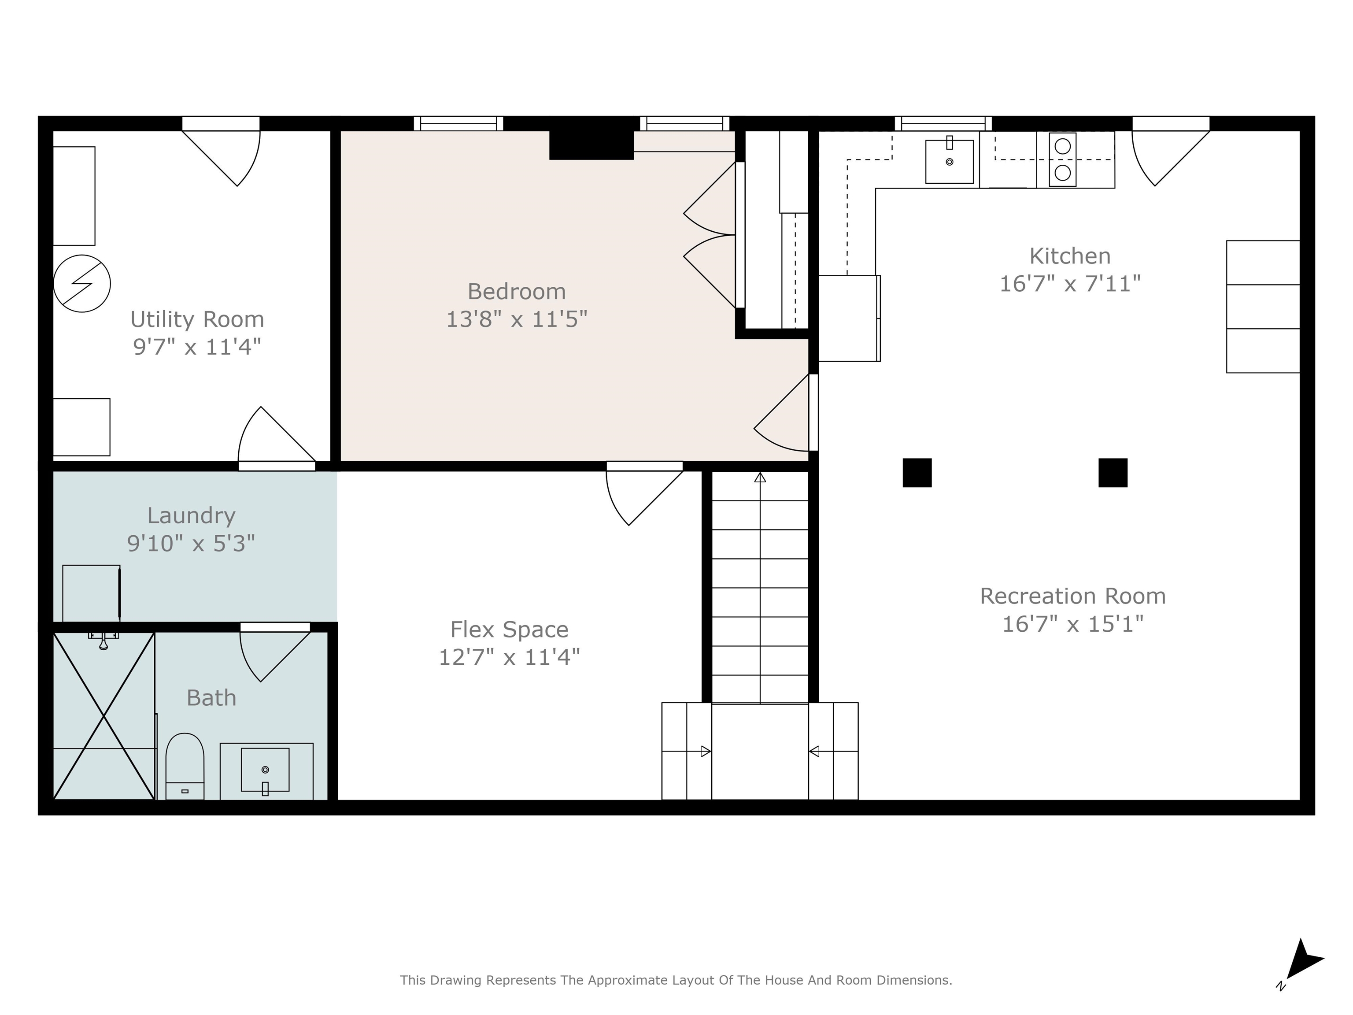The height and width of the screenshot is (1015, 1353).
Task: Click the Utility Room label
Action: point(197,319)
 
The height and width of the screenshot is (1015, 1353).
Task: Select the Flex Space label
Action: point(509,630)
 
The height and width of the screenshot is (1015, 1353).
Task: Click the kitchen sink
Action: point(949,162)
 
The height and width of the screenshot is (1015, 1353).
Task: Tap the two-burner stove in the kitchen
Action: point(1062,159)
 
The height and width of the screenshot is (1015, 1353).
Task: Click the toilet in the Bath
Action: point(185,766)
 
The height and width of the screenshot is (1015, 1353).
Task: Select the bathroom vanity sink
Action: point(265,770)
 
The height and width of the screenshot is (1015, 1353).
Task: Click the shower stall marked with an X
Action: point(104,716)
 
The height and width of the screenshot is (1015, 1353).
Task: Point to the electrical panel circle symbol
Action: point(82,284)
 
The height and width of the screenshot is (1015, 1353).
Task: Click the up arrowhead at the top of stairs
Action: point(760,477)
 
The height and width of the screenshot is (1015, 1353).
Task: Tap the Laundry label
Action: point(191,516)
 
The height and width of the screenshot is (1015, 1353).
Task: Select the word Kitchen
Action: point(1070,256)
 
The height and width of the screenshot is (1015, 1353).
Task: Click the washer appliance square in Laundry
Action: point(92,592)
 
